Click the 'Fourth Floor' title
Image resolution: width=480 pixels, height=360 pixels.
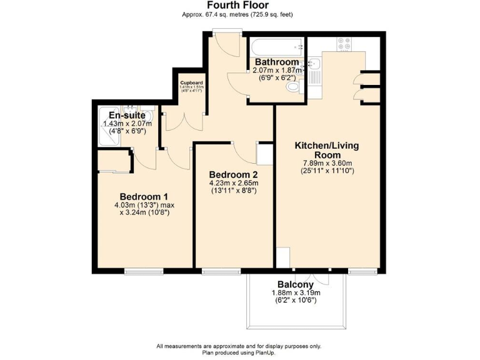click(238, 5)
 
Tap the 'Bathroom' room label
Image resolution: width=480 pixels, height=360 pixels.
click(276, 62)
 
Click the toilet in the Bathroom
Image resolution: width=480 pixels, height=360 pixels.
click(292, 89)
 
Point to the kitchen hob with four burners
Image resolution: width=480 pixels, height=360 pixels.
click(344, 43)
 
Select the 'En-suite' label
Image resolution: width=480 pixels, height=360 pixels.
click(127, 116)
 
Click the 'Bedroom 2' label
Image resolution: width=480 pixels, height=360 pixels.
click(233, 174)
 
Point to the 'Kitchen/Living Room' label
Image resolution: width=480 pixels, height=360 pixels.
click(327, 150)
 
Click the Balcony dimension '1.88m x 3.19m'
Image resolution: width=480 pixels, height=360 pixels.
click(296, 292)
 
